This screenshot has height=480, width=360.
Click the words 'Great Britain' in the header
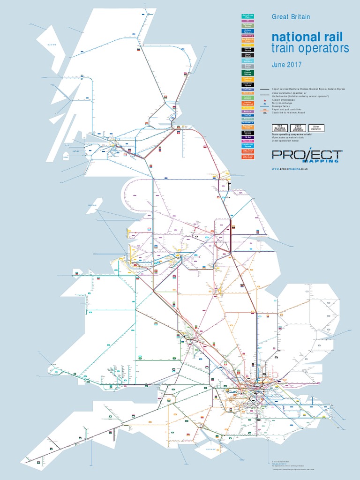(291, 17)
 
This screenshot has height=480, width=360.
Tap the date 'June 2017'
(286, 65)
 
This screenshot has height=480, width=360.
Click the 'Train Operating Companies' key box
(280, 128)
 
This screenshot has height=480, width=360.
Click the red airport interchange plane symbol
(265, 101)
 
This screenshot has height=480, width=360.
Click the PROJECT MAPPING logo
(307, 156)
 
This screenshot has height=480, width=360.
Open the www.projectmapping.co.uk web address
(293, 169)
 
